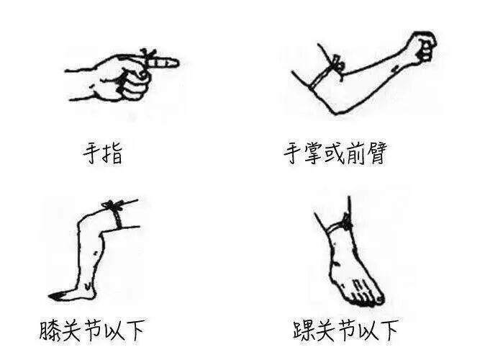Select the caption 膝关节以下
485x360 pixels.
pyautogui.click(x=92, y=330)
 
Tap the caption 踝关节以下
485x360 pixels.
pyautogui.click(x=346, y=330)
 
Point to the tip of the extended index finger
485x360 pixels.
pyautogui.click(x=178, y=63)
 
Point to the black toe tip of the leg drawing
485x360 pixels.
pyautogui.click(x=55, y=296)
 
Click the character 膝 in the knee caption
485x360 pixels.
pyautogui.click(x=50, y=330)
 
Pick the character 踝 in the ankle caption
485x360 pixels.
pyautogui.click(x=303, y=330)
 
